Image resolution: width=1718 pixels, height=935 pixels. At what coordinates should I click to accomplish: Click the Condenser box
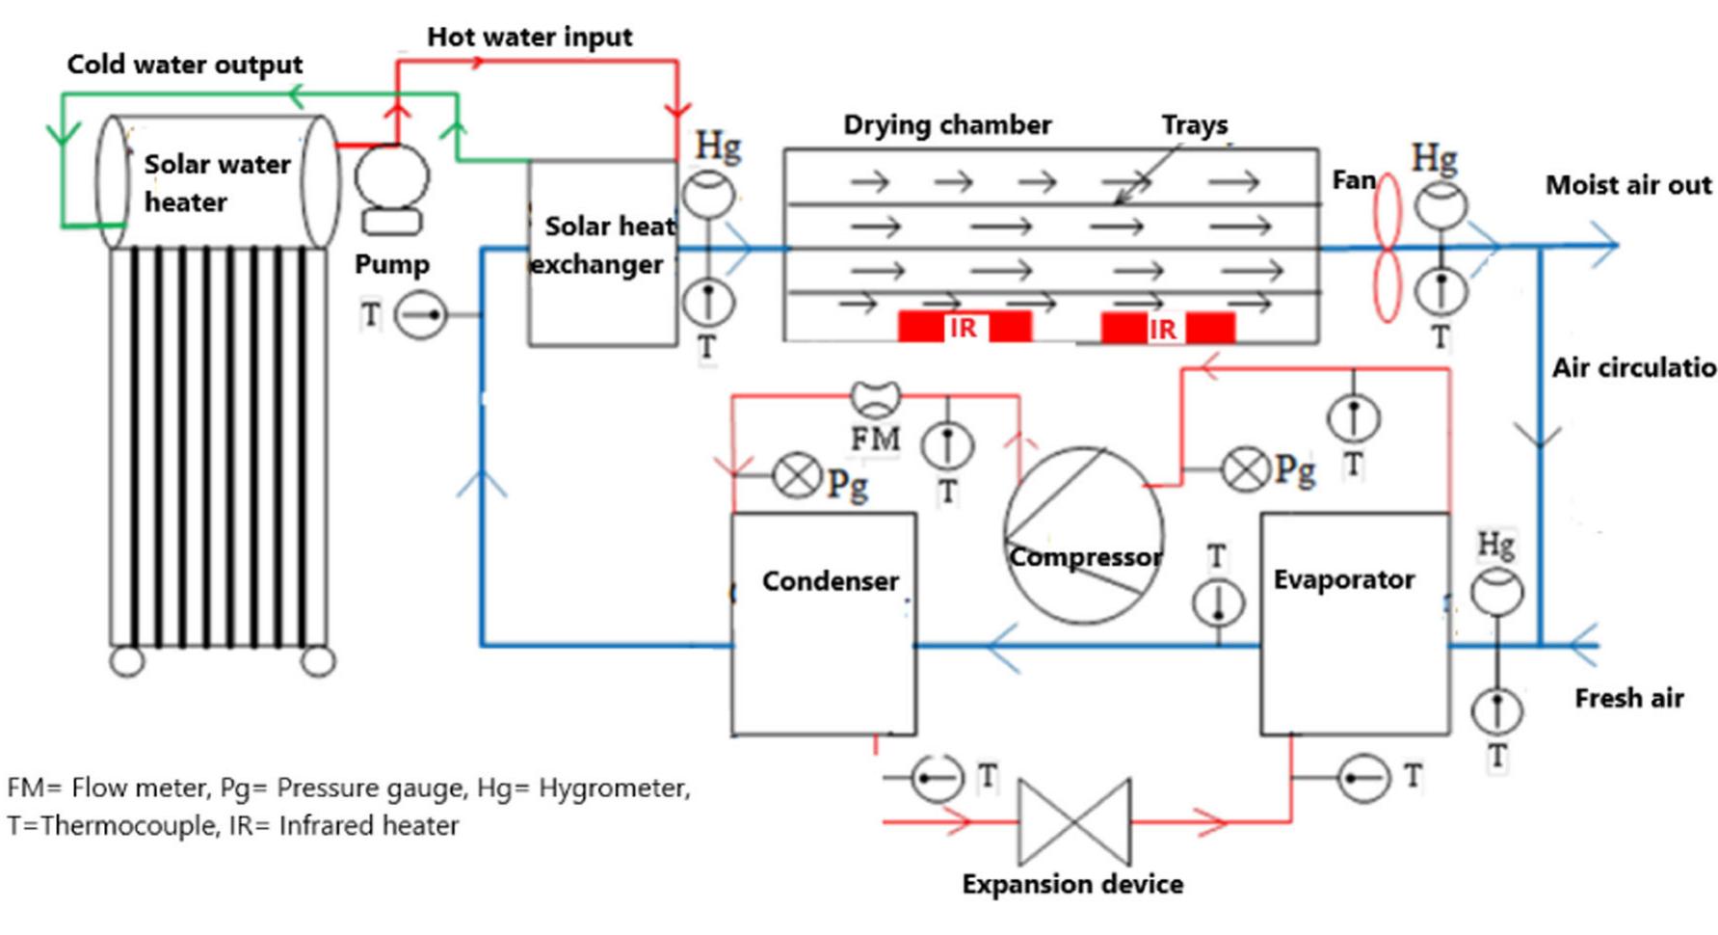[823, 624]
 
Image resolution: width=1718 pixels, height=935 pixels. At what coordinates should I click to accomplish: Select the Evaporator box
[1354, 624]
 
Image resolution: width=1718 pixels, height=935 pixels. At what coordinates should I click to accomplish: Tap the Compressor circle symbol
[1083, 534]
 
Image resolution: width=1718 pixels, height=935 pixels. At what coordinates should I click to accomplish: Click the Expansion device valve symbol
[1074, 821]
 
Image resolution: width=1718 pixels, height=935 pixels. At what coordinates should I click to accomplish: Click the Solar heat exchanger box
[602, 253]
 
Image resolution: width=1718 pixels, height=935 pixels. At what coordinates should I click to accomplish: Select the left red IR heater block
[964, 327]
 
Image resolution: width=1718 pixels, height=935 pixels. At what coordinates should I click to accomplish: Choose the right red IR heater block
[1167, 328]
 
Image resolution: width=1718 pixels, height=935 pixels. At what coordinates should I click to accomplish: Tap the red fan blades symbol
[1386, 248]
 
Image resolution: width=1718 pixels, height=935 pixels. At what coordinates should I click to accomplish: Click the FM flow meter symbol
[876, 397]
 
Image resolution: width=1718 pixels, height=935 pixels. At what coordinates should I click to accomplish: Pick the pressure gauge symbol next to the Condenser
[798, 475]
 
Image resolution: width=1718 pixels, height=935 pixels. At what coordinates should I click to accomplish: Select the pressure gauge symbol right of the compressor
[1245, 470]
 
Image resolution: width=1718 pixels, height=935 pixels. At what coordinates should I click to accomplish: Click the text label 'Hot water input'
[529, 37]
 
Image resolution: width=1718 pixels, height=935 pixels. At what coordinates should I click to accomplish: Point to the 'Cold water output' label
[184, 65]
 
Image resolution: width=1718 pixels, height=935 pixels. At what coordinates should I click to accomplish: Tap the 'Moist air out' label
[1627, 185]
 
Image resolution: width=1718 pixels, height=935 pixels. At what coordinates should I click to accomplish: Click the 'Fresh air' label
[1628, 698]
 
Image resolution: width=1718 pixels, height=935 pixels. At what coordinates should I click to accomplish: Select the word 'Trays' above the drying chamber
[1194, 124]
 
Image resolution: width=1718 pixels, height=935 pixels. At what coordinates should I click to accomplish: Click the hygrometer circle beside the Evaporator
[1496, 592]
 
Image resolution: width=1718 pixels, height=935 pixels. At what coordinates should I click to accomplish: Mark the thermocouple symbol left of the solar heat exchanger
[422, 315]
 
